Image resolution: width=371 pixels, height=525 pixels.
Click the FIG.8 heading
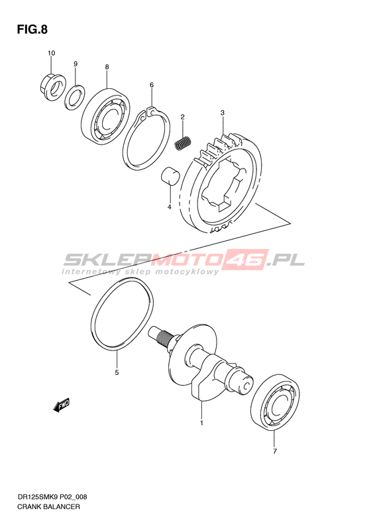point(32,30)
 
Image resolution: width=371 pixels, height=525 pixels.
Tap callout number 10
point(51,53)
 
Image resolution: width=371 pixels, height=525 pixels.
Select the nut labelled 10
point(52,86)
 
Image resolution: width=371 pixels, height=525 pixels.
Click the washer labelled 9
point(75,98)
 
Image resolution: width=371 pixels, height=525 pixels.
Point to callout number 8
point(107,67)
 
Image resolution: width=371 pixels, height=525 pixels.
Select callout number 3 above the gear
point(222,113)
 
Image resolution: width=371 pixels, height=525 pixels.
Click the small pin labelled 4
point(170,176)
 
